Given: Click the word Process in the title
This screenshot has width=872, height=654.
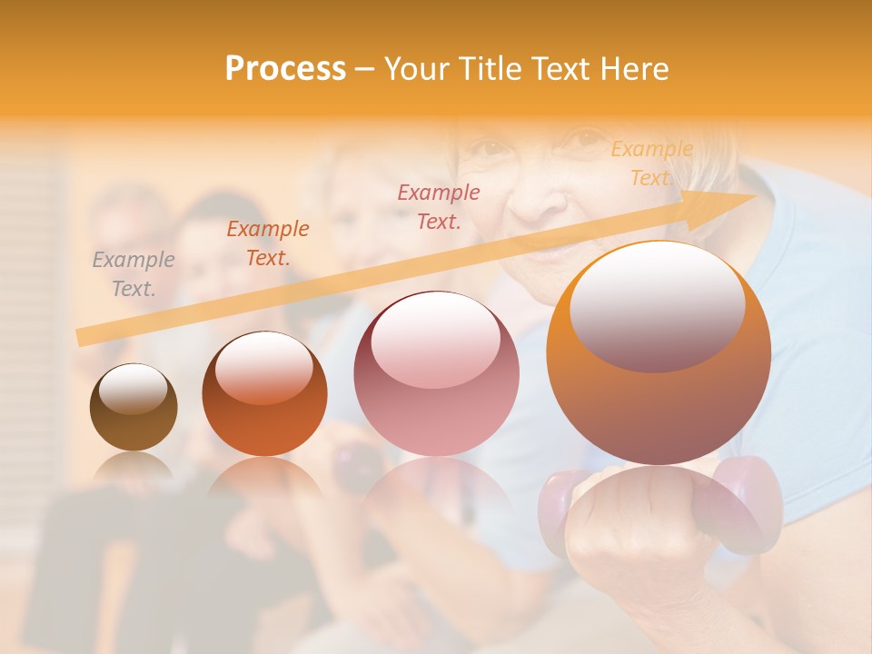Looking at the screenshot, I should tap(285, 69).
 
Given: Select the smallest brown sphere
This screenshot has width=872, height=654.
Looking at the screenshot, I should tap(134, 408).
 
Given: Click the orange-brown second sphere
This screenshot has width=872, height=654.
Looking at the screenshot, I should tap(264, 395).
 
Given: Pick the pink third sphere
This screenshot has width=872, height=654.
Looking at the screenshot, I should tap(436, 373).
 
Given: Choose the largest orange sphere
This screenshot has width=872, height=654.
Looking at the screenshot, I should tap(659, 354).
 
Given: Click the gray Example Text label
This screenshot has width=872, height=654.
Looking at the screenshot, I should tap(134, 274).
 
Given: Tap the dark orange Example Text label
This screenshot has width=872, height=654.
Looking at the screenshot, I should tap(268, 243).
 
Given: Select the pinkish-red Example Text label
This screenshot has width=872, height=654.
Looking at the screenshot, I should tap(439, 206).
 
